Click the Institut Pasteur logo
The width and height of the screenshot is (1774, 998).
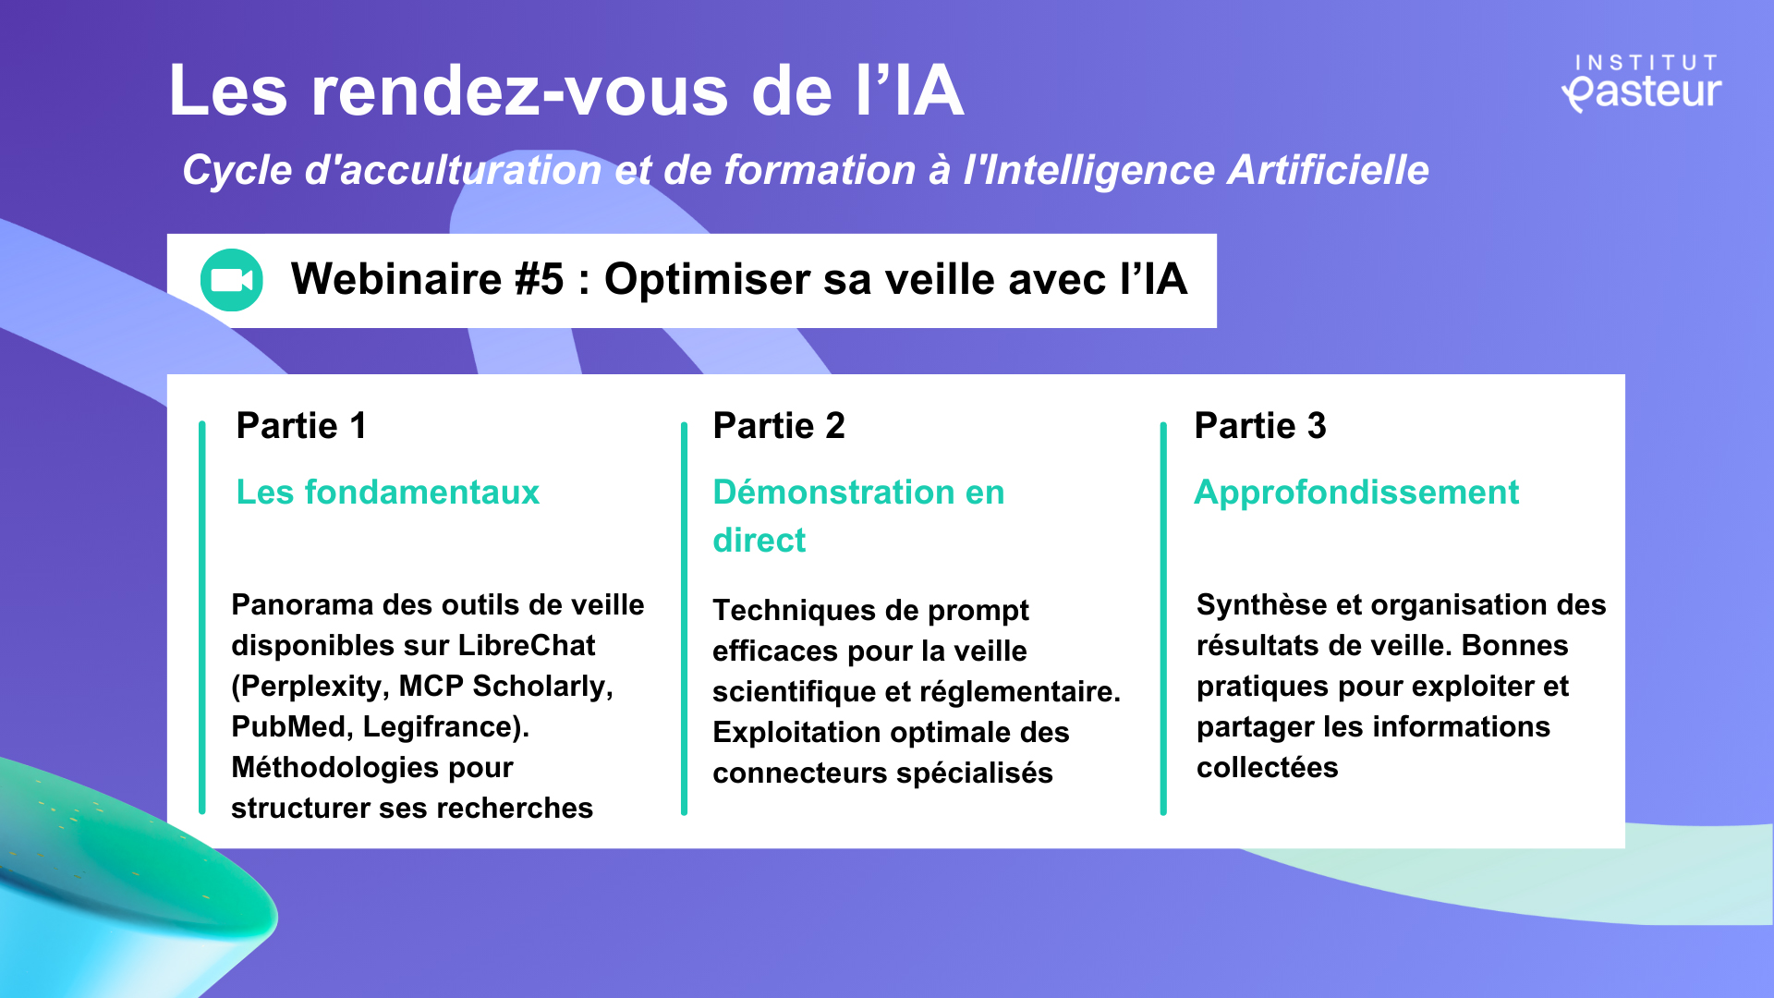[x=1642, y=83]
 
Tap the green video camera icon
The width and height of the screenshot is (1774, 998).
[x=232, y=280]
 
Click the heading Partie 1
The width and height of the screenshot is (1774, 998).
[x=301, y=426]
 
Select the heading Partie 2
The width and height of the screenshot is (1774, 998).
[x=779, y=426]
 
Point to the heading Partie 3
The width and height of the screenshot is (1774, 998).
[x=1260, y=426]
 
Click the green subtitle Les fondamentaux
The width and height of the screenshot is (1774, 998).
[x=388, y=493]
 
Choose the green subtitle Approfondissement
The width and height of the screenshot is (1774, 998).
[x=1356, y=493]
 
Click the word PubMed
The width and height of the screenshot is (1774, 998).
[x=289, y=726]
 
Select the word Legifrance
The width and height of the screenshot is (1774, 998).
[x=442, y=727]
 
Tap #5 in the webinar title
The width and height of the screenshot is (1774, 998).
[x=539, y=279]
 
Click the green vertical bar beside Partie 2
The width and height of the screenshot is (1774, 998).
[x=684, y=619]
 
